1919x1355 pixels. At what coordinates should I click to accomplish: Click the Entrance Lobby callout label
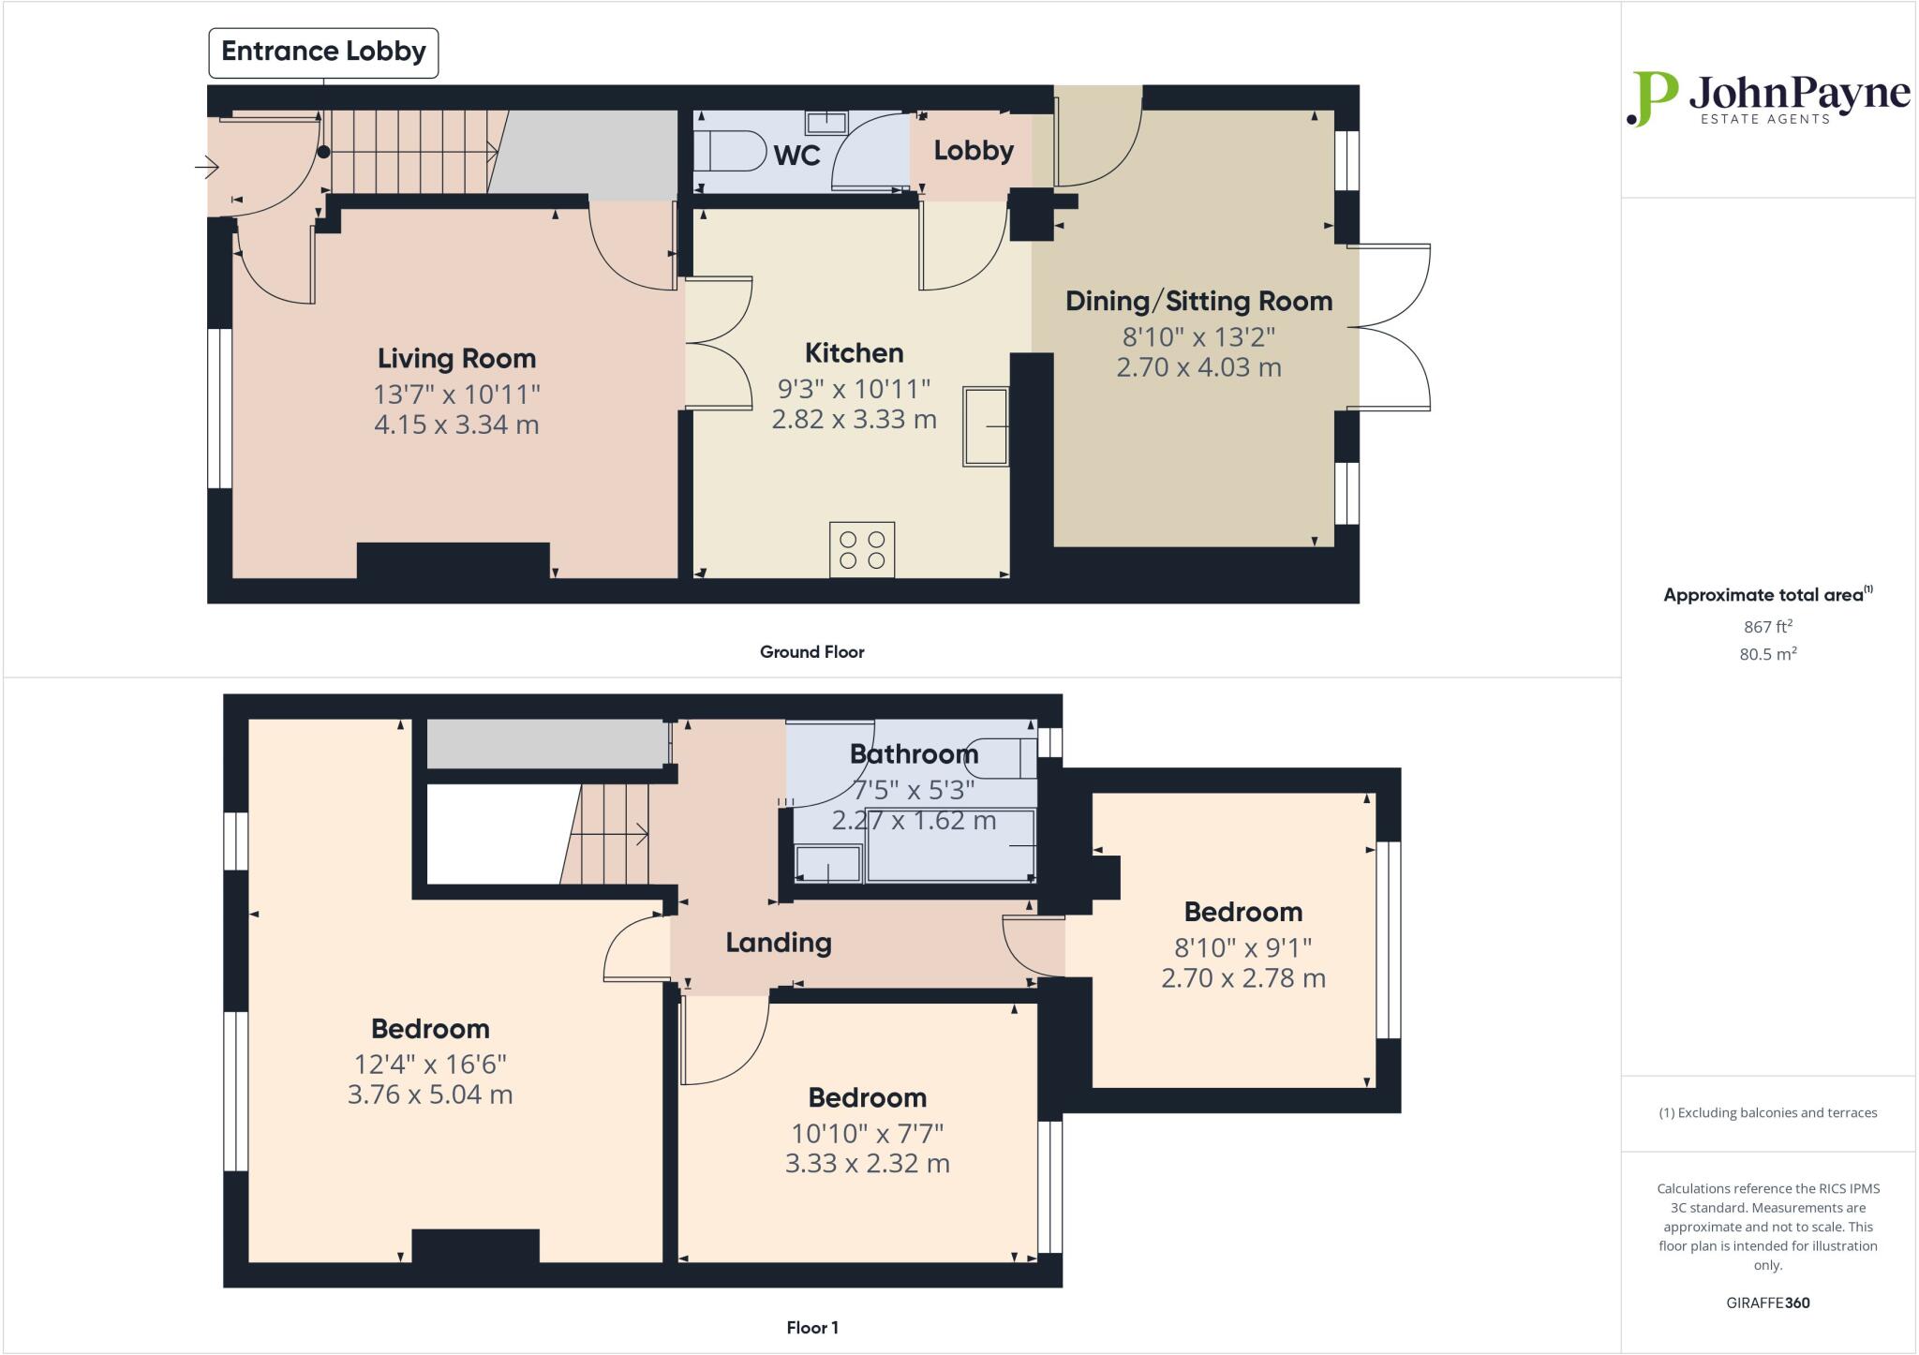[323, 52]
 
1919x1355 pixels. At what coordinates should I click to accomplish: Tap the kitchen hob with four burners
[862, 550]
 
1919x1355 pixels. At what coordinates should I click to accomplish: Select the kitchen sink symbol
[986, 425]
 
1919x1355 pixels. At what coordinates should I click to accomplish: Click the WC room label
[796, 156]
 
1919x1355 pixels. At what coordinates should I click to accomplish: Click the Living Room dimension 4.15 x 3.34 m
[456, 424]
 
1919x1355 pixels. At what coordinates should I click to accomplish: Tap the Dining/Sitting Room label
[1198, 302]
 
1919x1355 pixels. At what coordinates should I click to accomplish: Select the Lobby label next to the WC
[974, 151]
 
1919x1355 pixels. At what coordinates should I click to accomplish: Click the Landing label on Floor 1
[779, 943]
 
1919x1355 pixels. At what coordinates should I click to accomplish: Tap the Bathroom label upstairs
[914, 754]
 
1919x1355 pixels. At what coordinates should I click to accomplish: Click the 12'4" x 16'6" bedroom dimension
[430, 1065]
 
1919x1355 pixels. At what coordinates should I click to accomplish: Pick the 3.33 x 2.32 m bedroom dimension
[867, 1164]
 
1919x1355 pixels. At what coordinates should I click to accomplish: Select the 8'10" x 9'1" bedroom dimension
[1242, 947]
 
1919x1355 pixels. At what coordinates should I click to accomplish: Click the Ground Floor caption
[811, 652]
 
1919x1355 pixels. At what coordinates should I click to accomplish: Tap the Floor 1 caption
[811, 1328]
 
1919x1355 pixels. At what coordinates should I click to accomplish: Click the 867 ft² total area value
[1767, 627]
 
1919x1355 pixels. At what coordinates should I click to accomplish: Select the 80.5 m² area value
[1767, 654]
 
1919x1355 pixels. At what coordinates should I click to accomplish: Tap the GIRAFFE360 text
[1767, 1303]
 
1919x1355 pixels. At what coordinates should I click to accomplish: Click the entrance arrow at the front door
[206, 168]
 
